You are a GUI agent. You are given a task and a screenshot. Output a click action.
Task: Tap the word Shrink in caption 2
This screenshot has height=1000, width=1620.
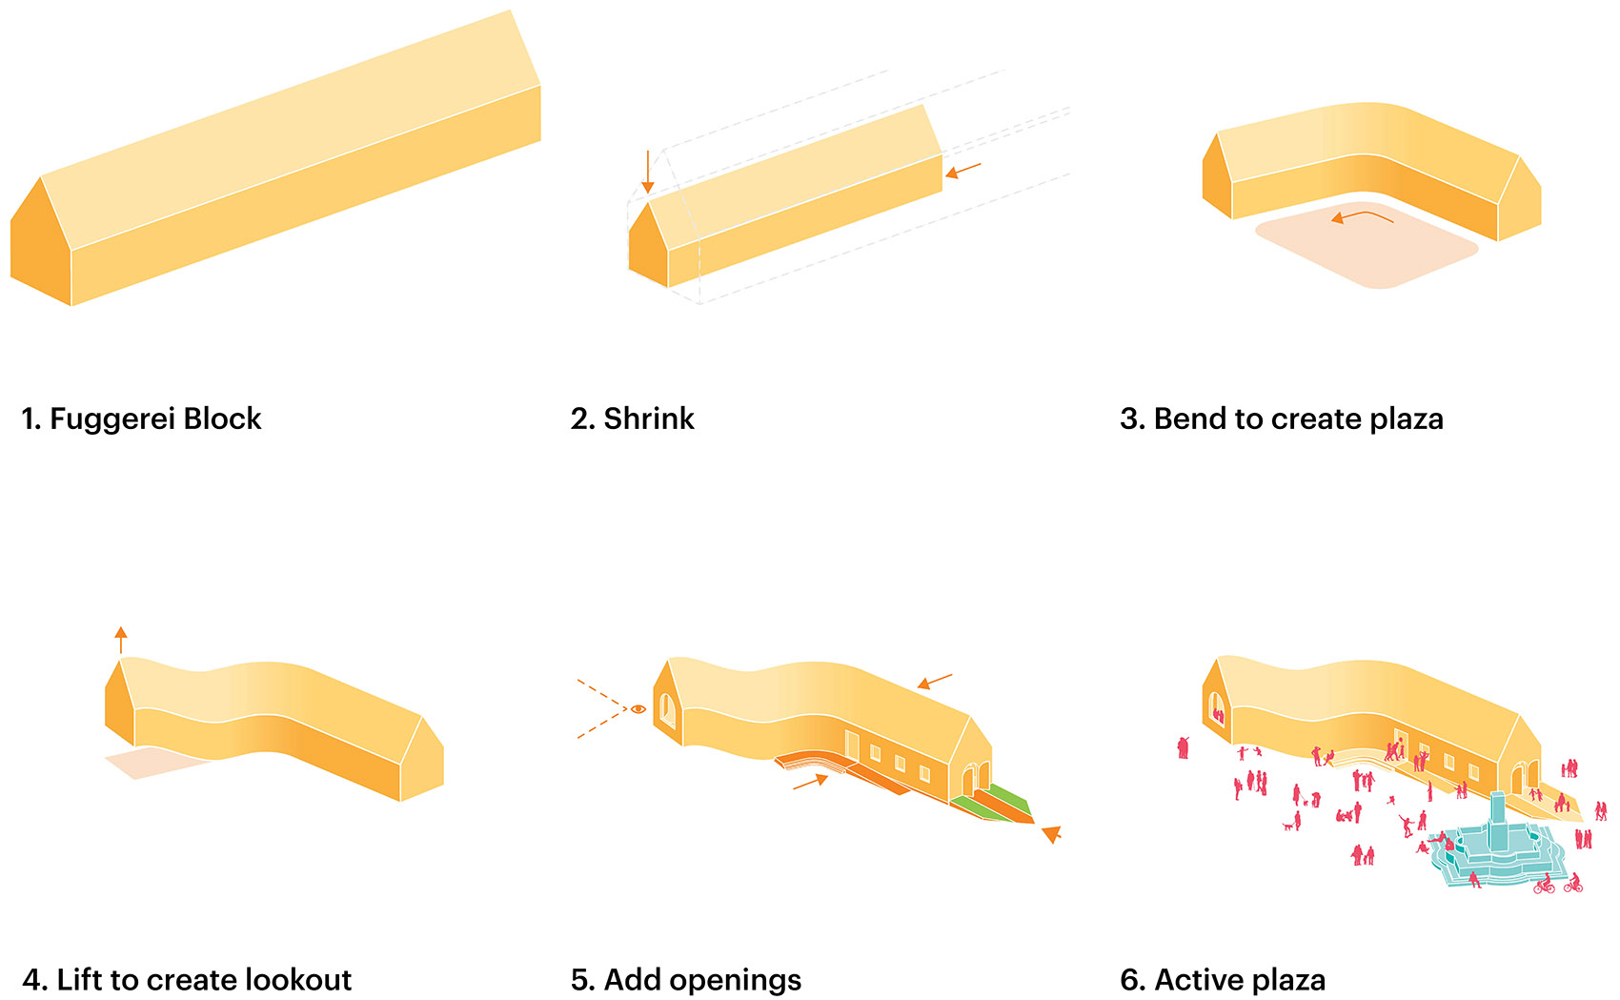point(649,418)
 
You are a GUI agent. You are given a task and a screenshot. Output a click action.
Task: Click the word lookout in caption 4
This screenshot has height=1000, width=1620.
point(298,980)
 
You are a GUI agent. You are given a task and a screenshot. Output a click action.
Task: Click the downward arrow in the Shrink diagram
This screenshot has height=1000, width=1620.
point(648,172)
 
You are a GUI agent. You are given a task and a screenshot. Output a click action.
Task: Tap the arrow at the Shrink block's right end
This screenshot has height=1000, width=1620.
point(963,171)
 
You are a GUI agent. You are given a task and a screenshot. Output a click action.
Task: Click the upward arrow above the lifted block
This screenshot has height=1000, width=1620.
point(121,641)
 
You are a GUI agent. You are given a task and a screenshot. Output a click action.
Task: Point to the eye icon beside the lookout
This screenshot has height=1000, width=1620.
point(638,709)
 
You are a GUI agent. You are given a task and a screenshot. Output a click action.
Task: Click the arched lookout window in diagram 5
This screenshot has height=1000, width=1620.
point(667,709)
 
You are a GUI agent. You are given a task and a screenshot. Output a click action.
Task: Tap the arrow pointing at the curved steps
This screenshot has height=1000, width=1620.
point(811,782)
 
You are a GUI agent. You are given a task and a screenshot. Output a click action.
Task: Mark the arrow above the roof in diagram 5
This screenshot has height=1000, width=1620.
point(935,681)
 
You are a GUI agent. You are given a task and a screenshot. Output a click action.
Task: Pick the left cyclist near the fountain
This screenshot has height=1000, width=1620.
point(1544,885)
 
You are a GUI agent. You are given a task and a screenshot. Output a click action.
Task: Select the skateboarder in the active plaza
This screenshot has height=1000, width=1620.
point(1406,827)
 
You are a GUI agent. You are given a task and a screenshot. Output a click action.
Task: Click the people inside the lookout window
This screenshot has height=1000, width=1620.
point(1218,715)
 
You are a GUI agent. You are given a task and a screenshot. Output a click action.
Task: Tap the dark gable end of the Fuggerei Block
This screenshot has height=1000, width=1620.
point(41,242)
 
